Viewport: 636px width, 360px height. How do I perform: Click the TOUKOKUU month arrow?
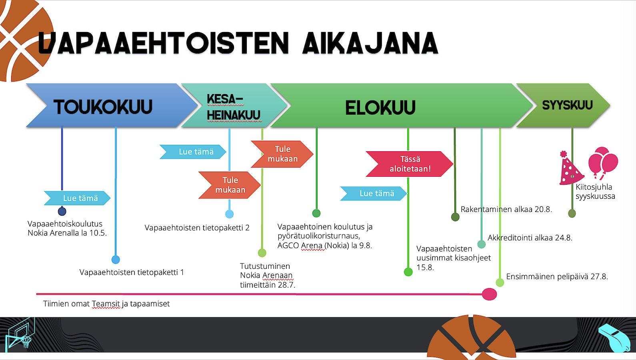tap(112, 105)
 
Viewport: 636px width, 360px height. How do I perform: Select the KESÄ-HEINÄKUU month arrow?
tap(234, 105)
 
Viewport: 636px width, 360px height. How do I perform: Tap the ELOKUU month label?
tap(380, 108)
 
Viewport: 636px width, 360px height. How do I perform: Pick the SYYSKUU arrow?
tap(563, 105)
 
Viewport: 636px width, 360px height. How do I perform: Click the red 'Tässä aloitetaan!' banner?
tap(410, 164)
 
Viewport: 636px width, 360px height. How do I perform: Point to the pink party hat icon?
tap(570, 168)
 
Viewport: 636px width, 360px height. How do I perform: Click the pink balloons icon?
tap(603, 163)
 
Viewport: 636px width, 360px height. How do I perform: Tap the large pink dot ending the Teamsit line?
tap(489, 294)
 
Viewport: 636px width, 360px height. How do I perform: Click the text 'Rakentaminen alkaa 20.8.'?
tap(506, 209)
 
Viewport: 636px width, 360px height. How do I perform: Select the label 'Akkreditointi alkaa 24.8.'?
tap(530, 238)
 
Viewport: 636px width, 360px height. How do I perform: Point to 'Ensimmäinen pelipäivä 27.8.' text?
tap(557, 276)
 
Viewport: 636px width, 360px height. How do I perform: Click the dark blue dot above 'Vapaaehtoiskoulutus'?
tap(62, 212)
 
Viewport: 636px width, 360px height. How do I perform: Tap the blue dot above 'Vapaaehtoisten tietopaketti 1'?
tap(116, 260)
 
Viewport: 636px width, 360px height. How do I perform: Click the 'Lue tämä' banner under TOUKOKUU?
tap(77, 198)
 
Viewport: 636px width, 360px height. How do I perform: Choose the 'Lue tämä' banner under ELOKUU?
tap(374, 193)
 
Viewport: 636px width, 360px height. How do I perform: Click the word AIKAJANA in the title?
tap(370, 43)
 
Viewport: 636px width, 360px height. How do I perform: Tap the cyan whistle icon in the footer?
tap(616, 338)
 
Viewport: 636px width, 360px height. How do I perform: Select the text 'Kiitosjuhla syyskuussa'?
tap(595, 192)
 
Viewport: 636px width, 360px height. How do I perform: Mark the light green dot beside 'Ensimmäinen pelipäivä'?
tap(500, 282)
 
